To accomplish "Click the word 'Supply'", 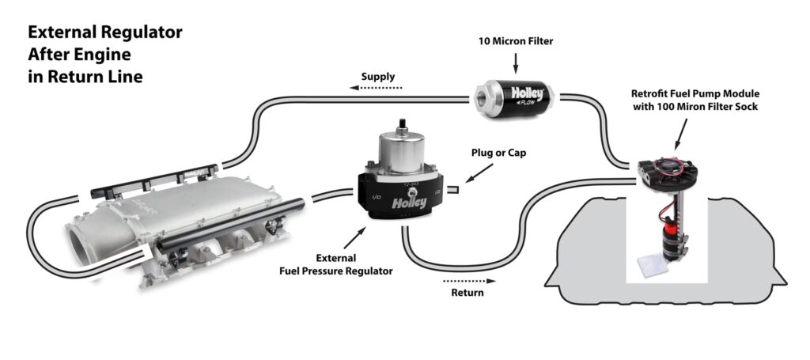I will point(378,77).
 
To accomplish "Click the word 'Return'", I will point(466,293).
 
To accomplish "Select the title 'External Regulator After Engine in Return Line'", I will point(105,55).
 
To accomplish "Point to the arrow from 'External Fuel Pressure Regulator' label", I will point(354,237).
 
